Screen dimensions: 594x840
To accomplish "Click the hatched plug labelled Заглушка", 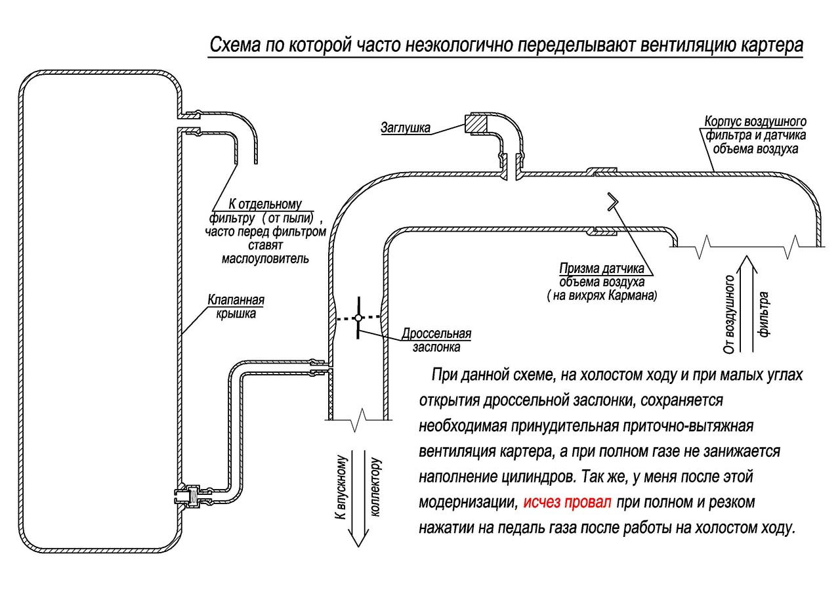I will (476, 123).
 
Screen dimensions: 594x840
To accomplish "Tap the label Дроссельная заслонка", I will (437, 340).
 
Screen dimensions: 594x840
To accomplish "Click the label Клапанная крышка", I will (236, 307).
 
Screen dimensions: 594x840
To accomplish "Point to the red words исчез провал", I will (568, 503).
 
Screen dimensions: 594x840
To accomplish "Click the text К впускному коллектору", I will (358, 486).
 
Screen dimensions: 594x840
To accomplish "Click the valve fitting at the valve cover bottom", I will (190, 496).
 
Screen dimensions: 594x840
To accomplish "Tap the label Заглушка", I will (406, 127).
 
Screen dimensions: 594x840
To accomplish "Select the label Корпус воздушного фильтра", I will (755, 135).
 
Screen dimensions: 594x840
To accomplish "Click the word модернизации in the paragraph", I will (468, 503).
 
